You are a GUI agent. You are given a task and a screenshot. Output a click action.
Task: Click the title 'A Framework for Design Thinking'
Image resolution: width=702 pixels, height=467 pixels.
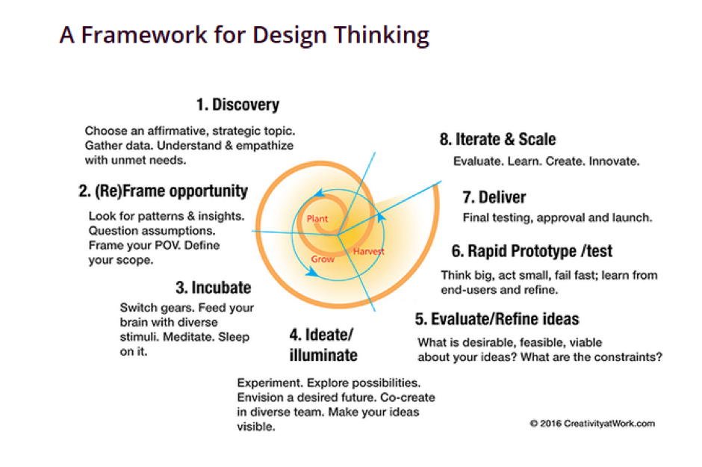(244, 36)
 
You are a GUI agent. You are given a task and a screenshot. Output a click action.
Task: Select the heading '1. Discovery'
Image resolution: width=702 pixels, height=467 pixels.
(238, 105)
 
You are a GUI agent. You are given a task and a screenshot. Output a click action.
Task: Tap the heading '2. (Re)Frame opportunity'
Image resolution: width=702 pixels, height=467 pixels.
(163, 191)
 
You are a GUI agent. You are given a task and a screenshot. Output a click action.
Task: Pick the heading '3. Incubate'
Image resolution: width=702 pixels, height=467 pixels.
(213, 287)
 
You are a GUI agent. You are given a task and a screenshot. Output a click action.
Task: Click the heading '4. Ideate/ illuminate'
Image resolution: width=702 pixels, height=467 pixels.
(323, 343)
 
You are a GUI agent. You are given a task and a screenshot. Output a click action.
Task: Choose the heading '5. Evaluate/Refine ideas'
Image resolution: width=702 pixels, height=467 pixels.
(497, 319)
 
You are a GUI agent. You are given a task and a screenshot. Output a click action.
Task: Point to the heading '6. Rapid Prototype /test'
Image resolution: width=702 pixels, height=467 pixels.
(532, 250)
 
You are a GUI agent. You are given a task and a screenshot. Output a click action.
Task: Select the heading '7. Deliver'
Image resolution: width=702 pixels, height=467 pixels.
(494, 197)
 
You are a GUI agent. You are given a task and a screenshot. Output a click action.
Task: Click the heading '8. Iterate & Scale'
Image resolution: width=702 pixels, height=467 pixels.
(497, 139)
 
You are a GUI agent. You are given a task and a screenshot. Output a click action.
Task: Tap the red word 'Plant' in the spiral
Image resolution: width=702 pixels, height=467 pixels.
(317, 219)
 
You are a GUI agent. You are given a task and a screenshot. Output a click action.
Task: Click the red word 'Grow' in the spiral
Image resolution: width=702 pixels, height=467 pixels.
(323, 259)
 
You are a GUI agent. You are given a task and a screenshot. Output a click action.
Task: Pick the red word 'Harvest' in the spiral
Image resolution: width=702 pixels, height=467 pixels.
(368, 251)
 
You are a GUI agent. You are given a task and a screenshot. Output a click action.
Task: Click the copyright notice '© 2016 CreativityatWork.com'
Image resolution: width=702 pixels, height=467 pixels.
(592, 424)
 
